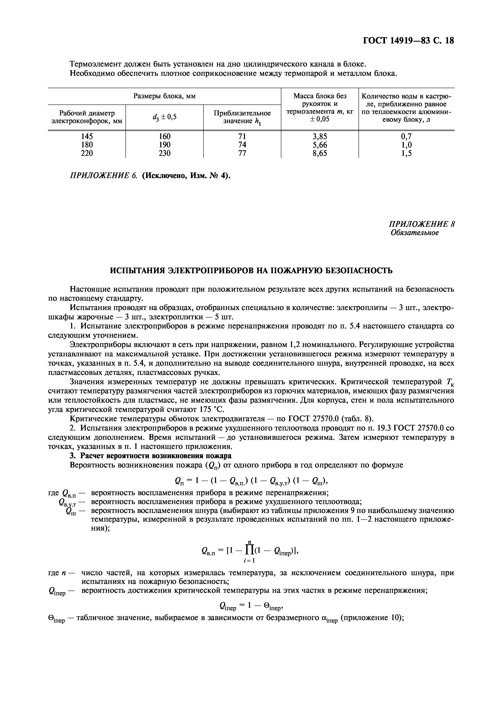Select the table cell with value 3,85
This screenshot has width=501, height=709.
click(320, 136)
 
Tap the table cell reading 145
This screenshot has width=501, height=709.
click(87, 136)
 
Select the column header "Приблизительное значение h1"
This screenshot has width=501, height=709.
click(242, 117)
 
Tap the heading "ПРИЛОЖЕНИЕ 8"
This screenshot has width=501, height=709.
click(421, 224)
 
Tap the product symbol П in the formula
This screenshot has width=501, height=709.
click(249, 549)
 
